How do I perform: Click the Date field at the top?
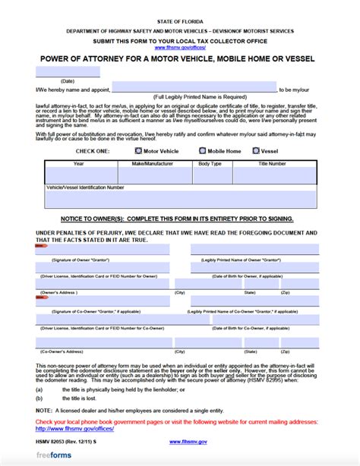pyautogui.click(x=68, y=72)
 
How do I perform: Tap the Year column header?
pyautogui.click(x=79, y=163)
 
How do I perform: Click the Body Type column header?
pyautogui.click(x=210, y=163)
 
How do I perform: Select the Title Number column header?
pyautogui.click(x=272, y=163)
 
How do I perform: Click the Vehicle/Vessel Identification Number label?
pyautogui.click(x=85, y=185)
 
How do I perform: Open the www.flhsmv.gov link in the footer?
pyautogui.click(x=185, y=440)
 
